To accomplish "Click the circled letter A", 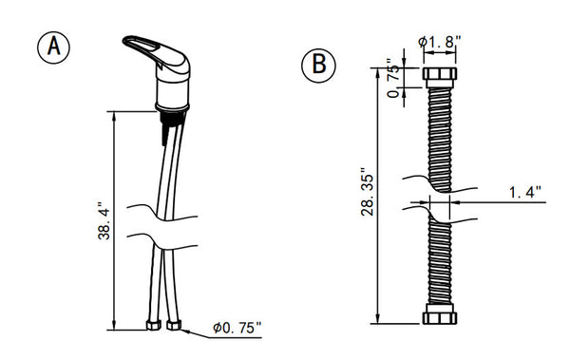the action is point(53,47).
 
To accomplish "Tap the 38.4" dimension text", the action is point(104,220).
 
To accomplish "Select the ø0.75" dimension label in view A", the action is point(237,328).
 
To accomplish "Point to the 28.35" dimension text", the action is point(367,192).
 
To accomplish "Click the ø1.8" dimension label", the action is point(440,42).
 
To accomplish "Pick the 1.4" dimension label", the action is point(525,192).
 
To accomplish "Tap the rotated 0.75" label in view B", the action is point(393,78).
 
